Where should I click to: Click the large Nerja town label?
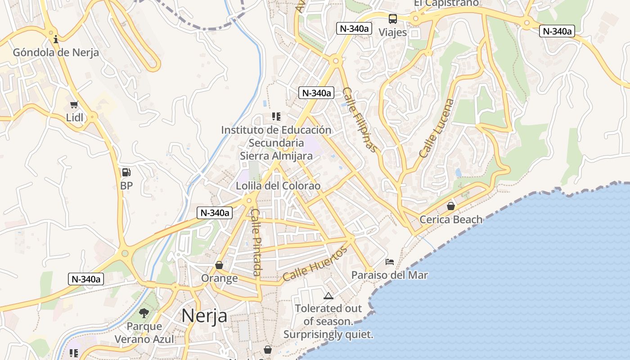(204, 316)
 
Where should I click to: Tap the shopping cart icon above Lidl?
(74, 105)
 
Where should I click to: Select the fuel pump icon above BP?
(126, 172)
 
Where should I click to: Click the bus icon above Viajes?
(393, 19)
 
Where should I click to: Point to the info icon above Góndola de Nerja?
(56, 39)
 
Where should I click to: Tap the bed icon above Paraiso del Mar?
(390, 261)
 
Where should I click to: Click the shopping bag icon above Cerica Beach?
(450, 206)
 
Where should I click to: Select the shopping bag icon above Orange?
(219, 265)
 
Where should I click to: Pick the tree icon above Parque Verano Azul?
(144, 313)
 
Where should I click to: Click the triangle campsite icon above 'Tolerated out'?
(328, 296)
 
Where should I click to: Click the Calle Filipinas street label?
(359, 119)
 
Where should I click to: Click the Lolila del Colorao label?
(278, 186)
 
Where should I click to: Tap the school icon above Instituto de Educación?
(276, 117)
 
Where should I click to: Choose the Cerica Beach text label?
(451, 220)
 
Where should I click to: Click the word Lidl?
(75, 118)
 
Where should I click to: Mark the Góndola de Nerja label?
(56, 52)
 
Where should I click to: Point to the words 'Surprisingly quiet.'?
(328, 335)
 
